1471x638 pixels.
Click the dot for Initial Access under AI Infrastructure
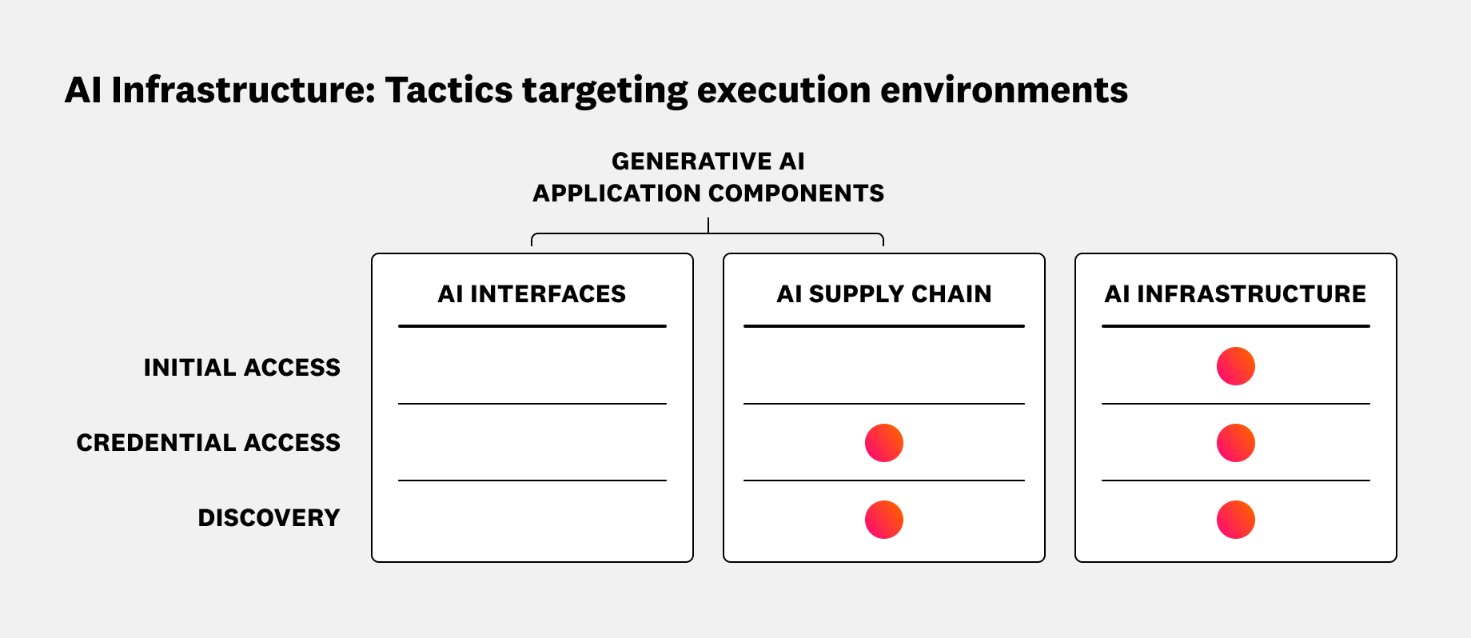(x=1235, y=366)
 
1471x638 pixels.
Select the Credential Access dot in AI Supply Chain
(x=883, y=443)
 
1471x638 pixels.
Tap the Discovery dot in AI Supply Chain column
(x=883, y=520)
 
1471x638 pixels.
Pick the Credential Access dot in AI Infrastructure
(x=1235, y=443)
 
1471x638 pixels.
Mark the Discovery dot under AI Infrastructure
(x=1235, y=520)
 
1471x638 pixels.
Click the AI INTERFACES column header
(x=532, y=294)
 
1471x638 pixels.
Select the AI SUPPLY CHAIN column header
(x=883, y=294)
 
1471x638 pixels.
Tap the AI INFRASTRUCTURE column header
(x=1235, y=294)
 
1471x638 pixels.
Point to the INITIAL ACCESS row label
(x=241, y=368)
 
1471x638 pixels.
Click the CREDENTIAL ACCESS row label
(x=208, y=443)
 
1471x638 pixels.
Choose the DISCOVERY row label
(x=269, y=518)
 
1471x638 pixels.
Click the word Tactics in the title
(x=448, y=90)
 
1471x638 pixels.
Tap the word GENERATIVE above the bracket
(x=681, y=161)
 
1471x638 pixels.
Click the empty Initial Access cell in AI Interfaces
(x=532, y=366)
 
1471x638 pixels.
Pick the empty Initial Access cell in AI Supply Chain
(x=883, y=366)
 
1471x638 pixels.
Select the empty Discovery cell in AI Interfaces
(x=532, y=520)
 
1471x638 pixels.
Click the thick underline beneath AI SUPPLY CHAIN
(x=883, y=326)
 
